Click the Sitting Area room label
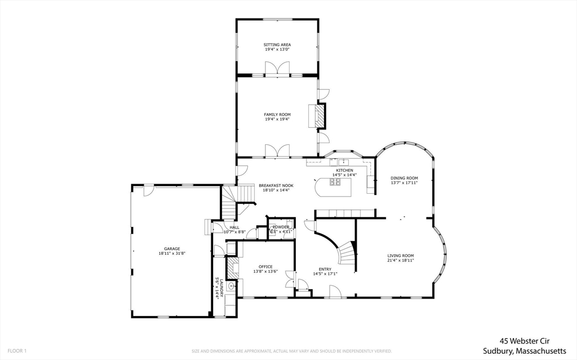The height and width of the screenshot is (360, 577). point(277,45)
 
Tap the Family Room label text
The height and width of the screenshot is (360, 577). point(277,114)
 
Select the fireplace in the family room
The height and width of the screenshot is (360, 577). point(319,117)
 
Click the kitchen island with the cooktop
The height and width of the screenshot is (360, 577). point(334,185)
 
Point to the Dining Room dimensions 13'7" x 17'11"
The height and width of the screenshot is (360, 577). point(404,183)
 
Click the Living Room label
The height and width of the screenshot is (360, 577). point(401,256)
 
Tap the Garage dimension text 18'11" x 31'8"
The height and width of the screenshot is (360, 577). point(172,254)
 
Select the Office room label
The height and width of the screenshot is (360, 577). point(265,266)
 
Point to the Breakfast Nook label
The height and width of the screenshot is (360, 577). point(276,185)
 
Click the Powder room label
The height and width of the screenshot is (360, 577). point(281,227)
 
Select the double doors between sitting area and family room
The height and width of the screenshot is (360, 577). point(277,69)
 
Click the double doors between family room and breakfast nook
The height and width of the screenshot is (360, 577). point(277,150)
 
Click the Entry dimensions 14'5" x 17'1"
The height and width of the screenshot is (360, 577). point(325,274)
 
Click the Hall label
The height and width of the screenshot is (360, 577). point(234,227)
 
